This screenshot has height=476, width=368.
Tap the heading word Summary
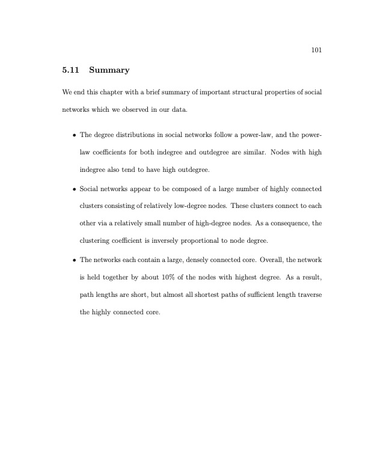tap(109, 70)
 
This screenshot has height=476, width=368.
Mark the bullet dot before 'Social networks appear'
tap(73, 189)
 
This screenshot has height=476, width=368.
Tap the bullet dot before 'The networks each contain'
tap(73, 260)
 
